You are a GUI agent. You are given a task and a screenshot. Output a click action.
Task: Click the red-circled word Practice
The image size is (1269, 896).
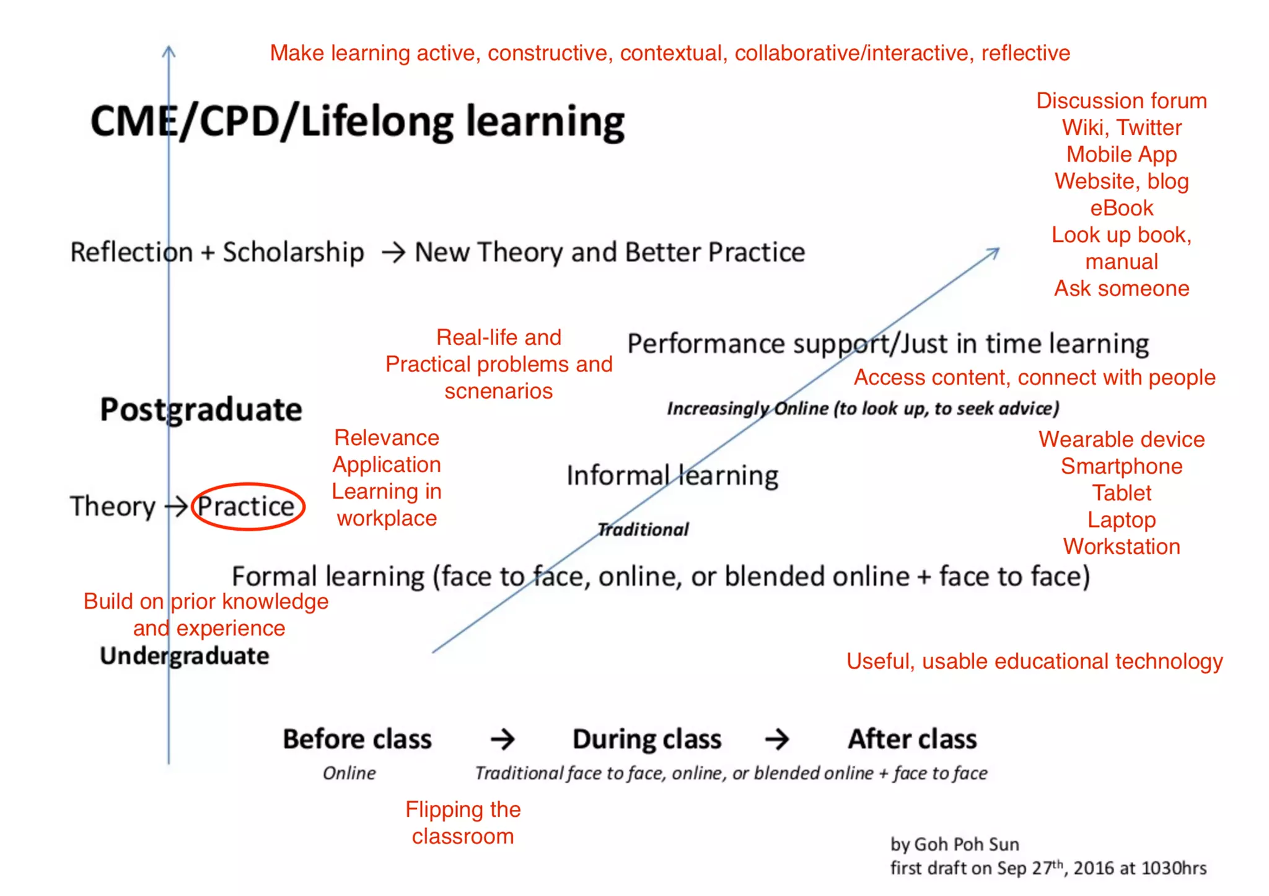point(247,507)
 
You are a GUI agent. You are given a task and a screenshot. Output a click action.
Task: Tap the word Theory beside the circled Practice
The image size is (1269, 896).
point(113,507)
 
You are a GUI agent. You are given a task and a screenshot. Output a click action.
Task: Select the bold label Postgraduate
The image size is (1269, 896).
point(201,410)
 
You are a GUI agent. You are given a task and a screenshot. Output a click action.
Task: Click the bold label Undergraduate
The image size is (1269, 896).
point(185,656)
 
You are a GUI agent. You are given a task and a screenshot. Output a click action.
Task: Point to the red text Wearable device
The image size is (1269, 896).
point(1122,440)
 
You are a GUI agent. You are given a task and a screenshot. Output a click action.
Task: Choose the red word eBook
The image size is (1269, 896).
point(1122,208)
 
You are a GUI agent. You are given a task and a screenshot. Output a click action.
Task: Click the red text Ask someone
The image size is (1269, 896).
point(1122,289)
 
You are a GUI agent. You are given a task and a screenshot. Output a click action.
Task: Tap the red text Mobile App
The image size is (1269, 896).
point(1122,154)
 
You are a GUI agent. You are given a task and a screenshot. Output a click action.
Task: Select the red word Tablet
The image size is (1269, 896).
point(1122,494)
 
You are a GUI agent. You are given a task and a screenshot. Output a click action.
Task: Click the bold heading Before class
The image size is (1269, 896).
point(357,739)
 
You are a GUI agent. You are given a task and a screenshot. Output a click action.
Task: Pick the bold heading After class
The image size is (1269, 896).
point(912,739)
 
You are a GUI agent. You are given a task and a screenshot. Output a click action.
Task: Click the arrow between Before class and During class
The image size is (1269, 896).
point(503,739)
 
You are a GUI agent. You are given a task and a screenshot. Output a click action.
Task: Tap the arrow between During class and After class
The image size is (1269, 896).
point(777,739)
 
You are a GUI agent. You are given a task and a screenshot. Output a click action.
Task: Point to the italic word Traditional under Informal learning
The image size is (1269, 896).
point(643,529)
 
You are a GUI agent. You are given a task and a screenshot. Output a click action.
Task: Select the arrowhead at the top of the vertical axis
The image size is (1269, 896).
point(169,51)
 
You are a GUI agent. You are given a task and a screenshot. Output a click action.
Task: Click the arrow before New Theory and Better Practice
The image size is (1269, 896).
point(393,253)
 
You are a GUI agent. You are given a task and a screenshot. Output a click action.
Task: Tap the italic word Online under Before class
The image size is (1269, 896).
point(349,773)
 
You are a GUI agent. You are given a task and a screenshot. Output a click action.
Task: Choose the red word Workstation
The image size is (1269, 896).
point(1122,547)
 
